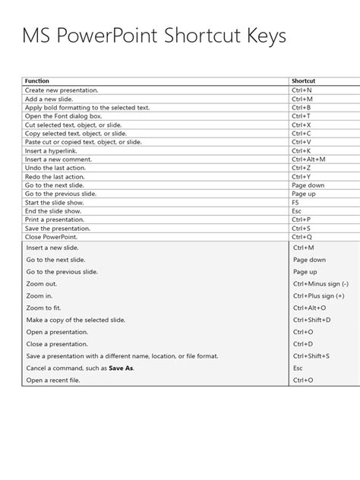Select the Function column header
38,81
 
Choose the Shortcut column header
304,81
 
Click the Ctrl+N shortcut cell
302,90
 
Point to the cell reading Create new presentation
62,90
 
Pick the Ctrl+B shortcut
302,107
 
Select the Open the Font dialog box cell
62,115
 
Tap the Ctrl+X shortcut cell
302,125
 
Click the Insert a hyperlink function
52,150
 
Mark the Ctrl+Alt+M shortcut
308,159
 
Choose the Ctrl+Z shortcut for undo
302,168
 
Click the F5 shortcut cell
295,202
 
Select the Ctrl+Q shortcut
302,236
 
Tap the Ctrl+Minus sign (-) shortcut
321,283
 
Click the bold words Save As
122,368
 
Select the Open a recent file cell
54,379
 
